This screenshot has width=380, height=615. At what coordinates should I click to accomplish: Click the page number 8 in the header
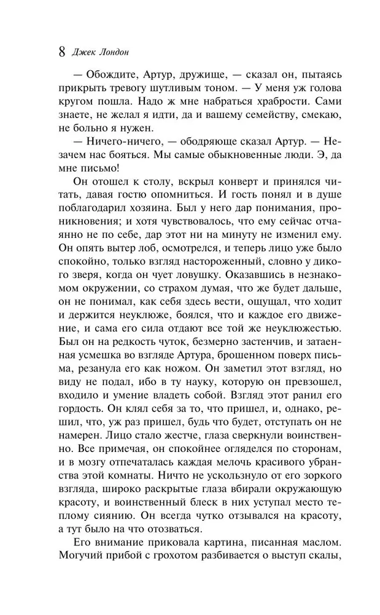pos(61,52)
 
